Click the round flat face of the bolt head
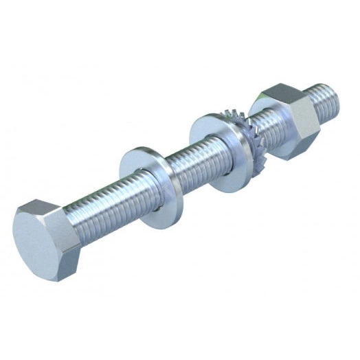(x=34, y=237)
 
